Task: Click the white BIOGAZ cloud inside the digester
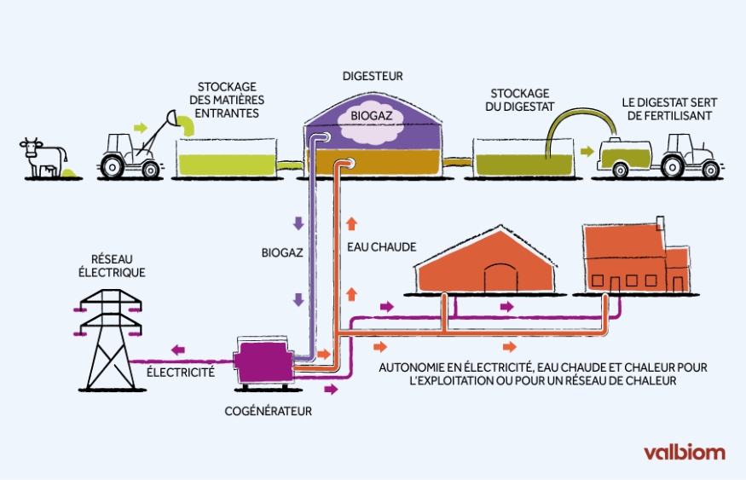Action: point(369,118)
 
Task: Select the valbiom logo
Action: point(684,452)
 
